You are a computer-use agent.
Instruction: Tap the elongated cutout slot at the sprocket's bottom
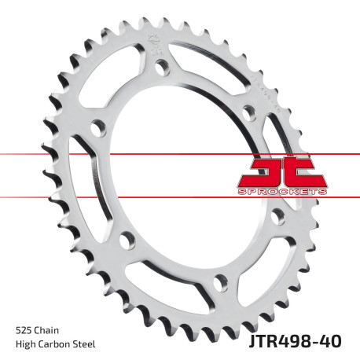pyautogui.click(x=169, y=290)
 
